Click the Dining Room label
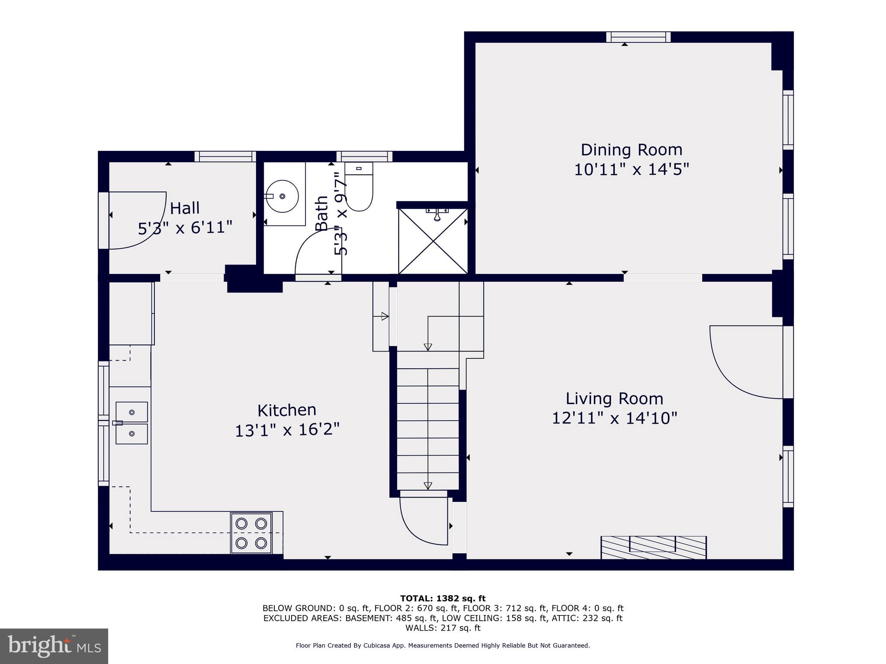pyautogui.click(x=631, y=150)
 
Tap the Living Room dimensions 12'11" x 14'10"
pyautogui.click(x=614, y=418)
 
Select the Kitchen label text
pyautogui.click(x=287, y=410)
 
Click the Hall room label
pyautogui.click(x=185, y=208)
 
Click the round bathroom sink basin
pyautogui.click(x=282, y=196)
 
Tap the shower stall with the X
pyautogui.click(x=433, y=242)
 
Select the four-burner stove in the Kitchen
pyautogui.click(x=251, y=533)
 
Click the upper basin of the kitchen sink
pyautogui.click(x=132, y=412)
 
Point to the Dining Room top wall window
pyautogui.click(x=638, y=37)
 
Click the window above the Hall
pyautogui.click(x=225, y=156)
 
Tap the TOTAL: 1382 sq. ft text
pyautogui.click(x=443, y=598)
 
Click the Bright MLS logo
pyautogui.click(x=54, y=646)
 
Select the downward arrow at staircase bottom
pyautogui.click(x=428, y=485)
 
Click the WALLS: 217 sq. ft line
pyautogui.click(x=443, y=628)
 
